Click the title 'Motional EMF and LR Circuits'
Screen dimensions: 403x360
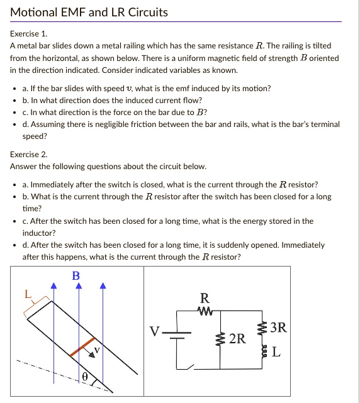89,12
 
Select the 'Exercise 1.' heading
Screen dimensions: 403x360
28,35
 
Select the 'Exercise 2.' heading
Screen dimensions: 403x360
29,154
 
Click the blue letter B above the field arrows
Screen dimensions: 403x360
76,275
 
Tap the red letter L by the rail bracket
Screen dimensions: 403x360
27,294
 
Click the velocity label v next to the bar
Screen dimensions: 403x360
96,349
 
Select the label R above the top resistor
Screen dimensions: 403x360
203,297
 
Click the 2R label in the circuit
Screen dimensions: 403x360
237,340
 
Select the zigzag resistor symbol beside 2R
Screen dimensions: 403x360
220,340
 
